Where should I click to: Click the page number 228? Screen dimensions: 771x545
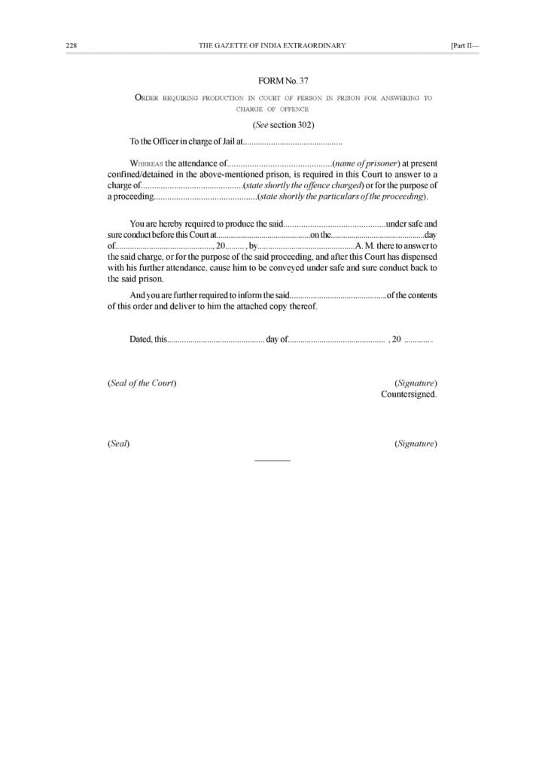(72, 46)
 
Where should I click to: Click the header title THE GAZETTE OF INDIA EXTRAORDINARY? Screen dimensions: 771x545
(272, 46)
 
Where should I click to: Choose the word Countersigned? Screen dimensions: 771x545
(409, 394)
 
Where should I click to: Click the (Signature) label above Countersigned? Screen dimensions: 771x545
(416, 383)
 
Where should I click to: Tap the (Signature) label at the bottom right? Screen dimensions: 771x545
(416, 444)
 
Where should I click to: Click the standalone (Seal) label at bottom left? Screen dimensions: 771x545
(119, 444)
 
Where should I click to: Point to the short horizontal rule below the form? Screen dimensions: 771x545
(272, 459)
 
